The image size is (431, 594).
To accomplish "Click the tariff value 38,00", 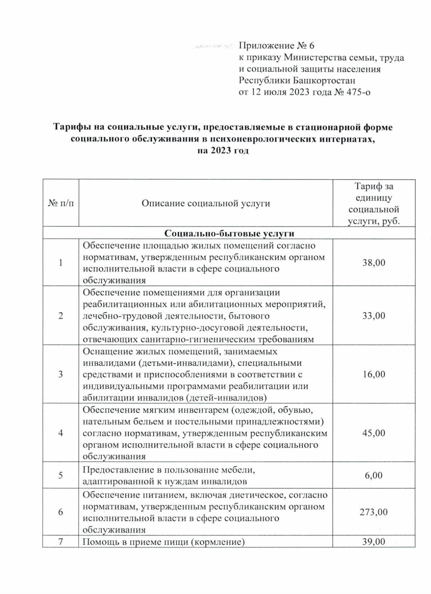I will coord(374,263).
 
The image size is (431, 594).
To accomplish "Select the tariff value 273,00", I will coord(374,512).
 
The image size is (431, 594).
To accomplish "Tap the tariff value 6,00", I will coord(374,475).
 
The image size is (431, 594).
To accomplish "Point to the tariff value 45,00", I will coord(374,433).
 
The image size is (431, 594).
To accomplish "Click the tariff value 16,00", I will coord(374,374).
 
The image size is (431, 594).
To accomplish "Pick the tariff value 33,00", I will coord(374,316).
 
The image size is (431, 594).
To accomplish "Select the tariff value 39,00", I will coord(374,542).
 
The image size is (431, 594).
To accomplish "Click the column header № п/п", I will coord(61,203).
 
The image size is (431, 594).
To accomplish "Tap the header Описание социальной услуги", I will coord(206,203).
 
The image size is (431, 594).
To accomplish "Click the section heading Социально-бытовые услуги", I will coord(229,233).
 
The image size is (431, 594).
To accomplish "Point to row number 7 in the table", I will coord(61,542).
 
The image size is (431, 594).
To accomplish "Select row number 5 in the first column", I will coord(61,475).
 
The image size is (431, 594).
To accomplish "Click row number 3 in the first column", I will coord(61,374).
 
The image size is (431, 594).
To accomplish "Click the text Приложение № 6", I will coord(277,46).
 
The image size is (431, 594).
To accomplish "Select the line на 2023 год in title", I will coord(223,151).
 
